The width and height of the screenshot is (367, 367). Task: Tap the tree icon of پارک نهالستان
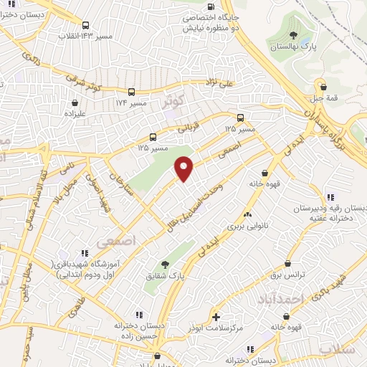(292, 34)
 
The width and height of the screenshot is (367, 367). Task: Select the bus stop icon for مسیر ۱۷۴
(131, 92)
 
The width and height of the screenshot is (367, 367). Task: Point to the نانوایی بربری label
(247, 225)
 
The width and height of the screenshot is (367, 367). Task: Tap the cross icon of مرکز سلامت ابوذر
(216, 316)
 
